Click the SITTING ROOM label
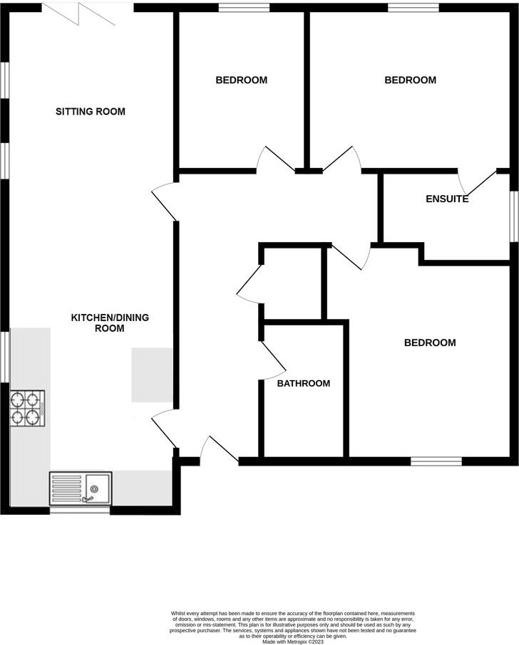[91, 111]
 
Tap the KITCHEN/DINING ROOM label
[109, 322]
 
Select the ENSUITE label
[447, 199]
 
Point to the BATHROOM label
[304, 383]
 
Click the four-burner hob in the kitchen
[27, 408]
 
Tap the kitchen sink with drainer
[80, 488]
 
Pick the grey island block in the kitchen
[152, 375]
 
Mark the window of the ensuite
[513, 216]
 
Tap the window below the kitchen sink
[79, 510]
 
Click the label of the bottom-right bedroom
[429, 342]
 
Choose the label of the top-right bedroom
[410, 80]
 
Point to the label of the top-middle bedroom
[241, 80]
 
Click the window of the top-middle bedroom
[244, 7]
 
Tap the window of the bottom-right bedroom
[436, 461]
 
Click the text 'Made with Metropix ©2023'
[293, 641]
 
